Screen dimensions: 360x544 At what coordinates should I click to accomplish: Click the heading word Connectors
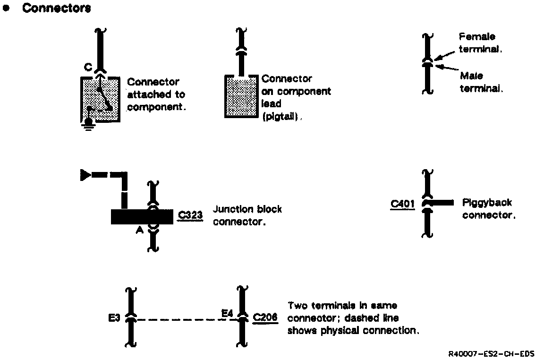pos(57,8)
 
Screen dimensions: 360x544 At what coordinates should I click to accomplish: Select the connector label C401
pos(402,204)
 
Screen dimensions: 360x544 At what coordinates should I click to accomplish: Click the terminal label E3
pos(114,318)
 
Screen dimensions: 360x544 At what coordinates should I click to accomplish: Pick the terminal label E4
pos(228,313)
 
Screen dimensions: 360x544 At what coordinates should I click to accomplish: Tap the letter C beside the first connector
pos(88,68)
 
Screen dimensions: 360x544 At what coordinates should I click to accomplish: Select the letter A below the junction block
pos(140,230)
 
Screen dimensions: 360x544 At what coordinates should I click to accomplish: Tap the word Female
pos(477,37)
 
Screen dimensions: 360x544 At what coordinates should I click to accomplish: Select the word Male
pos(471,76)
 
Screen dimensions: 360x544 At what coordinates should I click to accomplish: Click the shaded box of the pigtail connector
pos(242,97)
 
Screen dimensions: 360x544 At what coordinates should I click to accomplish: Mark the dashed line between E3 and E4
pos(179,320)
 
